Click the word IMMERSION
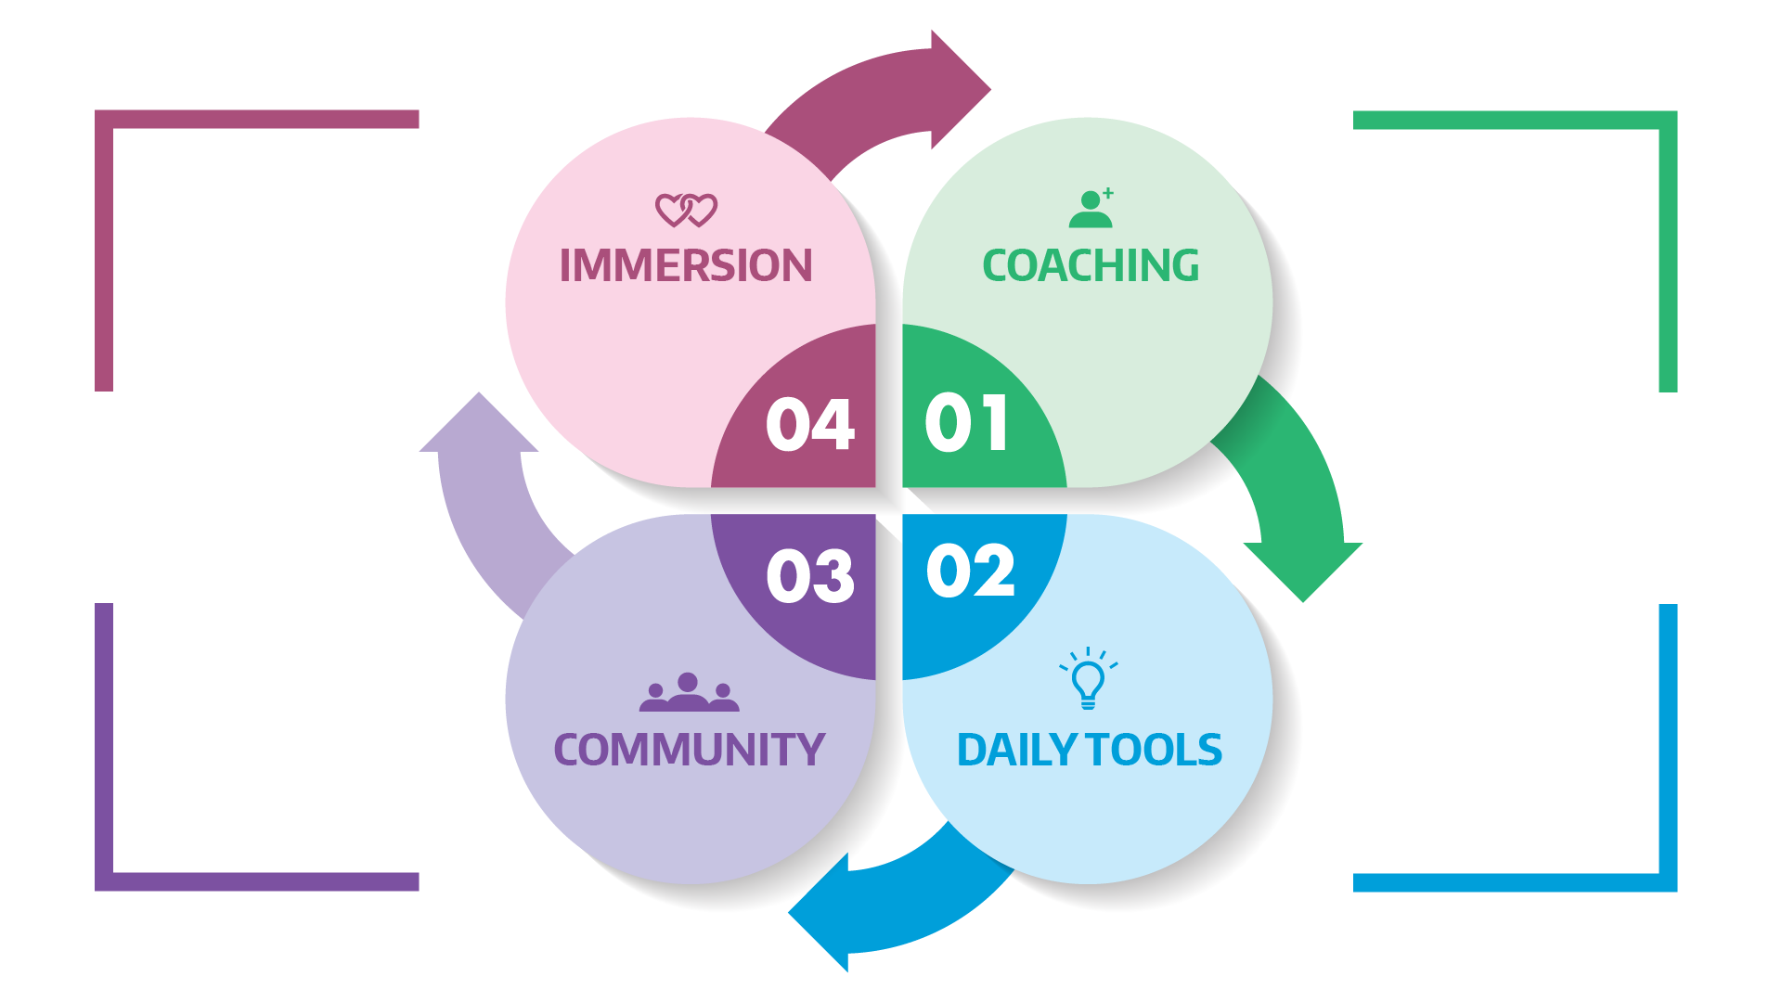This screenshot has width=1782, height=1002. [686, 266]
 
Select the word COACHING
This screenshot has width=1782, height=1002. [1091, 266]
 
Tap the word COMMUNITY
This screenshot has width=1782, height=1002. [689, 751]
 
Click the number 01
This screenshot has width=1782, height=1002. [966, 423]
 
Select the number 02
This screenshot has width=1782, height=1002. [970, 572]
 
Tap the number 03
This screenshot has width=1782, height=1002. [809, 576]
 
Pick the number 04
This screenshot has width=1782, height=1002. [809, 425]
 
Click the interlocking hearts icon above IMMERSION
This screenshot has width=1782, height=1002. [686, 211]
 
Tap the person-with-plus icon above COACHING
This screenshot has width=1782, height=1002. [1091, 209]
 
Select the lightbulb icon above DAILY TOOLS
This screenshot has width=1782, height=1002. [1088, 679]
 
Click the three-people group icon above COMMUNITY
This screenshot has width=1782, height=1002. [689, 693]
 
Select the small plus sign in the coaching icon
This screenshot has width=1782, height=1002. [1108, 193]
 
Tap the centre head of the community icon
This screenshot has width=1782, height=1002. [688, 683]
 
